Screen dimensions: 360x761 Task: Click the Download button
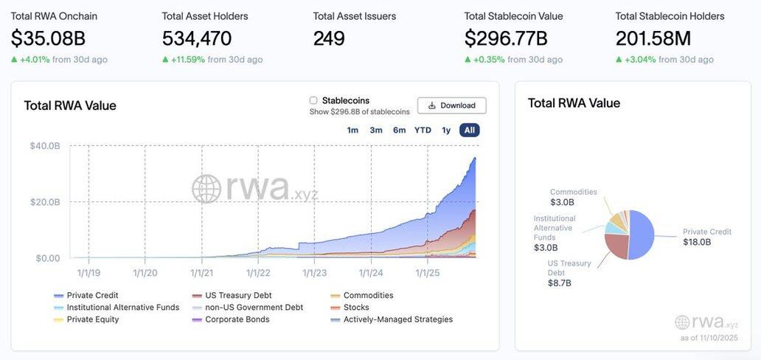point(451,105)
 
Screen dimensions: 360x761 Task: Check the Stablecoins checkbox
point(313,100)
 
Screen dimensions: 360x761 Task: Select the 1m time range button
point(352,131)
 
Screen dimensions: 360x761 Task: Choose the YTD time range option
point(423,131)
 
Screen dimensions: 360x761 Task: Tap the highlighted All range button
point(469,131)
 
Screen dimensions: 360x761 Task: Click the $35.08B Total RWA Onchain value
point(47,38)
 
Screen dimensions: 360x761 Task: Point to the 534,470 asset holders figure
point(197,38)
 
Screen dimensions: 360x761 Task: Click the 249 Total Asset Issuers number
point(329,38)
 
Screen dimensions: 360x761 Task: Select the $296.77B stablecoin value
point(506,38)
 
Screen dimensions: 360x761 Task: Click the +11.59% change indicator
point(187,60)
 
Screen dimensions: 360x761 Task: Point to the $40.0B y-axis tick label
point(45,146)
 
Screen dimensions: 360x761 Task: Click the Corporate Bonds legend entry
point(237,319)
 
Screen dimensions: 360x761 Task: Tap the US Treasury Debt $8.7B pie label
point(570,273)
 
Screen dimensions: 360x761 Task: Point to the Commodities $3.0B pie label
point(573,197)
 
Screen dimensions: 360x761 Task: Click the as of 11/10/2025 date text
point(709,338)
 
